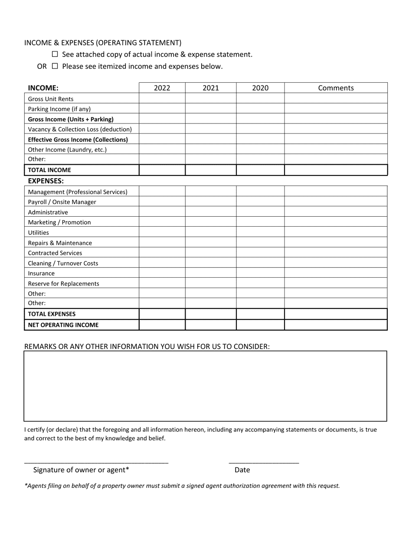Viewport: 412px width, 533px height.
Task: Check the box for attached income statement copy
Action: click(x=55, y=55)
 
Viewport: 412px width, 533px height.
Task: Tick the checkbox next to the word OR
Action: click(x=55, y=66)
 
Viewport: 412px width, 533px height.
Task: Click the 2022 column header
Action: click(x=162, y=88)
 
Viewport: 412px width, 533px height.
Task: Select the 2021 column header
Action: click(x=211, y=88)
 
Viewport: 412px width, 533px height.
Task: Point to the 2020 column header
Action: click(x=260, y=88)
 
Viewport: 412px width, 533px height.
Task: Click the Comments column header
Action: click(x=336, y=88)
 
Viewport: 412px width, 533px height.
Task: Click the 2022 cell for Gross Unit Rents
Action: click(x=162, y=99)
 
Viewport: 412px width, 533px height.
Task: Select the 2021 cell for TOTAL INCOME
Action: click(x=211, y=170)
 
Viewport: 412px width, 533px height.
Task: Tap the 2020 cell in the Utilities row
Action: click(x=260, y=233)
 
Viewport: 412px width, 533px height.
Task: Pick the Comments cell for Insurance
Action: click(x=336, y=273)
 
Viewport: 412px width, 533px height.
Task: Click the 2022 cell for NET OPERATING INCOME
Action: click(x=162, y=325)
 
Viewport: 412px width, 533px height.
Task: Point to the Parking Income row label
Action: click(x=59, y=109)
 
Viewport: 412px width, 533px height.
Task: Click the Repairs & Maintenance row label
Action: click(x=60, y=243)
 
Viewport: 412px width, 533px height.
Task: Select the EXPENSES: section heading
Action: click(x=46, y=181)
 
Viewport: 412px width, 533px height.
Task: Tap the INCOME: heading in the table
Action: click(x=43, y=88)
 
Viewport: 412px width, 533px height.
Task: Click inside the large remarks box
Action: click(x=205, y=386)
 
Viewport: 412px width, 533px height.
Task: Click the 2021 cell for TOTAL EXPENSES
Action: click(x=211, y=314)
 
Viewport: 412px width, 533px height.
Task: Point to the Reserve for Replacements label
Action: click(x=63, y=284)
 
